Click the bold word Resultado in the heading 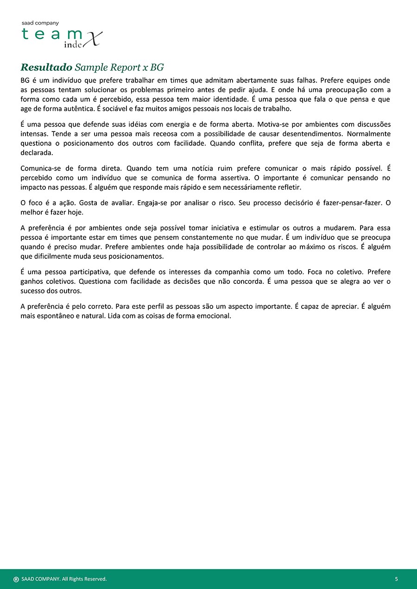pyautogui.click(x=46, y=67)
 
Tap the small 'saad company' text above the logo pyautogui.click(x=40, y=23)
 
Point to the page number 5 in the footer pyautogui.click(x=397, y=579)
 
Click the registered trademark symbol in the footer pyautogui.click(x=16, y=579)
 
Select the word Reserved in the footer pyautogui.click(x=95, y=579)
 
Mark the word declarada pyautogui.click(x=37, y=152)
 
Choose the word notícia pyautogui.click(x=201, y=169)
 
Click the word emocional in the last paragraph pyautogui.click(x=213, y=316)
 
